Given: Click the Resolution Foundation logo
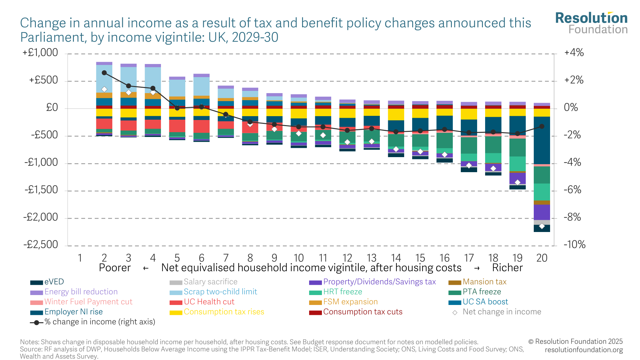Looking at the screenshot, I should (x=591, y=23).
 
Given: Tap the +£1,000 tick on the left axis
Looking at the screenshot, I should (x=40, y=53).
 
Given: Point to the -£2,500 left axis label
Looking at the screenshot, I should (x=41, y=245).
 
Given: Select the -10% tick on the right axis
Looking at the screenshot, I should (x=574, y=245).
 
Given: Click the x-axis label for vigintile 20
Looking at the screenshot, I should (x=542, y=258).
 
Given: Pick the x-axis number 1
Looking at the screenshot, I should (x=80, y=258).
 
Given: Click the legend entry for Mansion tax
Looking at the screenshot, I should (x=484, y=282).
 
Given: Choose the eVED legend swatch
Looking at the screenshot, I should (x=36, y=283).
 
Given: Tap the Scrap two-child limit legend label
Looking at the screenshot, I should (x=220, y=292).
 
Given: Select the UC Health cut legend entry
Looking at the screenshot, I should (x=209, y=302).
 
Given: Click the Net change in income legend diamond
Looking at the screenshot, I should (x=455, y=312).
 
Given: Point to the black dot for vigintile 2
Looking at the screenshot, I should (x=104, y=73).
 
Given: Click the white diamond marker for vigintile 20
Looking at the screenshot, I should (x=542, y=226).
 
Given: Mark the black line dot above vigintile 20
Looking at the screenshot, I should (x=542, y=126).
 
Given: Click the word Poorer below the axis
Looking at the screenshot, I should (x=115, y=268).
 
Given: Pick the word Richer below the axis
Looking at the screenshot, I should (x=507, y=268).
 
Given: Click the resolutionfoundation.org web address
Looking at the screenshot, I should (x=584, y=350).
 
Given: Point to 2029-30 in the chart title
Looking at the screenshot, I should (x=255, y=37).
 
